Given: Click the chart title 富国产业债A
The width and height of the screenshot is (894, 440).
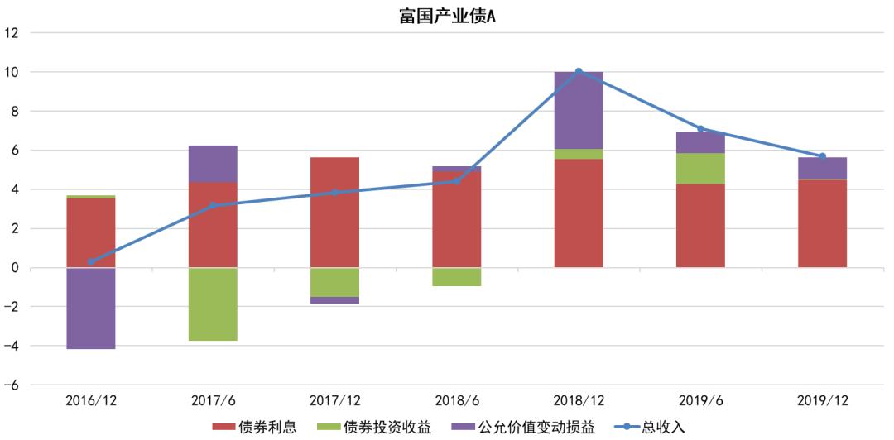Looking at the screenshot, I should tap(447, 15).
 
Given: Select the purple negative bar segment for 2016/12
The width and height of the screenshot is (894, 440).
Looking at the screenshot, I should tap(91, 308).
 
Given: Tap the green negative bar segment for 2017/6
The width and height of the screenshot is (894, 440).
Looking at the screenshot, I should tap(213, 304).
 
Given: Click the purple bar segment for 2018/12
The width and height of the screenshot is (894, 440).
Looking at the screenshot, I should tap(579, 110).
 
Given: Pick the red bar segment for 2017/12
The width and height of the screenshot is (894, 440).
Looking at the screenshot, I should tap(334, 212).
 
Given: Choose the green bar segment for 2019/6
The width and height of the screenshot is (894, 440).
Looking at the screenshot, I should tap(700, 168).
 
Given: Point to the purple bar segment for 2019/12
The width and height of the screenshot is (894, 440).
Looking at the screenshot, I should tap(822, 168).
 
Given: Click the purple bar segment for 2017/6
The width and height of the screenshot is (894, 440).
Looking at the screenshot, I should tap(213, 164).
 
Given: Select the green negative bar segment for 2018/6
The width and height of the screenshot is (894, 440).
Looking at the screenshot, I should tap(457, 276).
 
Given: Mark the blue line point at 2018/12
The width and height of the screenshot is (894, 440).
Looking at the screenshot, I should tap(579, 72).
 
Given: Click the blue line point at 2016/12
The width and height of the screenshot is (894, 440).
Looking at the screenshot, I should tap(91, 261).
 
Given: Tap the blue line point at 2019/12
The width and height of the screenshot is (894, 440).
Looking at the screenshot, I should tap(822, 156).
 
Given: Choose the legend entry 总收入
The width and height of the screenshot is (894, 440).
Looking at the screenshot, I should tap(650, 427).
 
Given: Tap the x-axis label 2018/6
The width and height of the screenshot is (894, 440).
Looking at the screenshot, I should tap(457, 400).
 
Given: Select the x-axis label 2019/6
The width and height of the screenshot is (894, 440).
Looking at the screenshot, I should tap(700, 400).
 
